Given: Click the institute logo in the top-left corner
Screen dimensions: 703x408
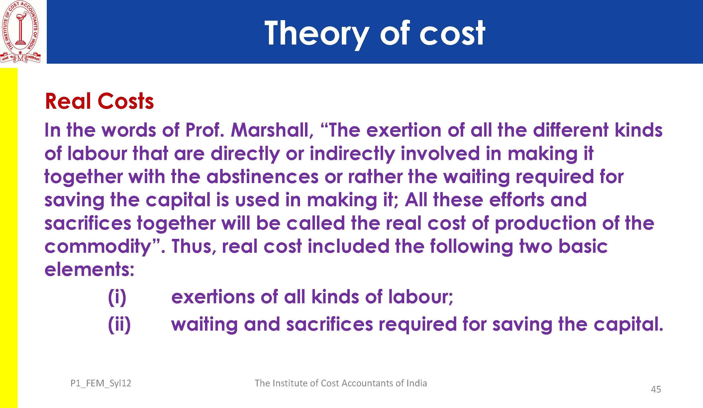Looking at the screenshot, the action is point(20,32).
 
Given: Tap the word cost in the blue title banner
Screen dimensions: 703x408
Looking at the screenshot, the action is point(452,34).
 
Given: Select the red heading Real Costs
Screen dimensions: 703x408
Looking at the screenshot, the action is point(99,101).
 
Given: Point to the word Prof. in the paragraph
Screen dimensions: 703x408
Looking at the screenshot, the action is point(205,130).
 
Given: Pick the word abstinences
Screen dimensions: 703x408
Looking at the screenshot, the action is point(262,177).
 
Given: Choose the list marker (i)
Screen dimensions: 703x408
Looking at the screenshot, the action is point(117,297).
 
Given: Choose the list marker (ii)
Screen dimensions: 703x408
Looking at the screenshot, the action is point(119,325).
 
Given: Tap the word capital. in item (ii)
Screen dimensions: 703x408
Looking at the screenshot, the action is point(628,325).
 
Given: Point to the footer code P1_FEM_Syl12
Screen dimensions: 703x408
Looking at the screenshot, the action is point(101,383).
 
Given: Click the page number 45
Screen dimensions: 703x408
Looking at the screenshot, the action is point(656,389).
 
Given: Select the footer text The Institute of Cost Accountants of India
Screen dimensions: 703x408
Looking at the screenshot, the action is point(341,383).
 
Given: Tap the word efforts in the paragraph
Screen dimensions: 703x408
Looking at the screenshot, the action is point(517,200).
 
